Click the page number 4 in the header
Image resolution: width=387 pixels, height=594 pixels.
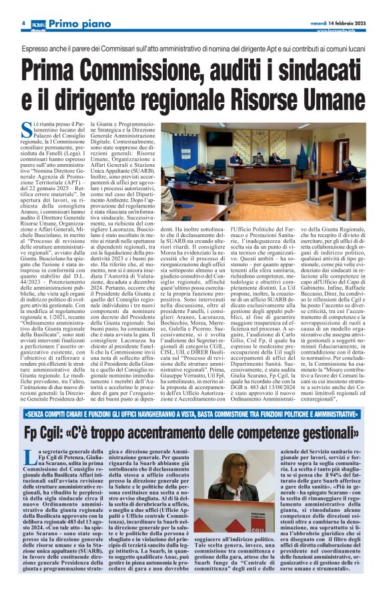pos(23,23)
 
